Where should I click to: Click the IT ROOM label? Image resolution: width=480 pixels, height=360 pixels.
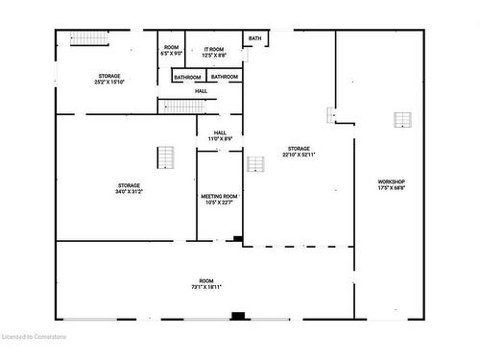(x=213, y=48)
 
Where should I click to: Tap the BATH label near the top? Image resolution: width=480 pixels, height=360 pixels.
(x=254, y=38)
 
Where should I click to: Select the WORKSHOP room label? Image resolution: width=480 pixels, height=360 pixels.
(x=391, y=181)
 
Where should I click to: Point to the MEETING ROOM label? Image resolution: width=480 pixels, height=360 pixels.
(x=218, y=196)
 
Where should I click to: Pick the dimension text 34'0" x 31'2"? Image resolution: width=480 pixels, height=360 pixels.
(x=130, y=192)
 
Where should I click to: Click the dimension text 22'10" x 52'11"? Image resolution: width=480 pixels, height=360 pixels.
(x=299, y=154)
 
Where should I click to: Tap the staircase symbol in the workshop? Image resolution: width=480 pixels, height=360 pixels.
(x=403, y=120)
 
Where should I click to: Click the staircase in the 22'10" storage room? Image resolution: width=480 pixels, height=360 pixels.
(x=255, y=164)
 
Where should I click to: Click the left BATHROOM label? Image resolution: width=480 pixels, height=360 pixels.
(x=187, y=77)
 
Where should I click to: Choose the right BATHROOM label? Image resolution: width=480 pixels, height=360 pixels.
(x=225, y=77)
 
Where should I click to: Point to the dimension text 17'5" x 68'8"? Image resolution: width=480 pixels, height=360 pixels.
(x=391, y=188)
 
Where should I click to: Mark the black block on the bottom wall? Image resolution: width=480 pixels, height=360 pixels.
(x=238, y=315)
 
